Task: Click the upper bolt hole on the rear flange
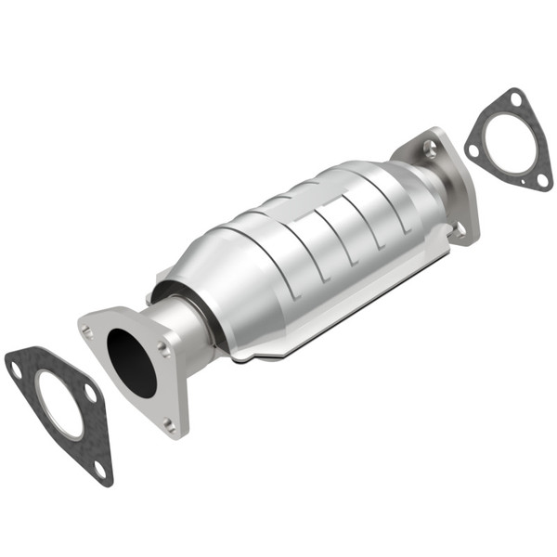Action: pos(428,147)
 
